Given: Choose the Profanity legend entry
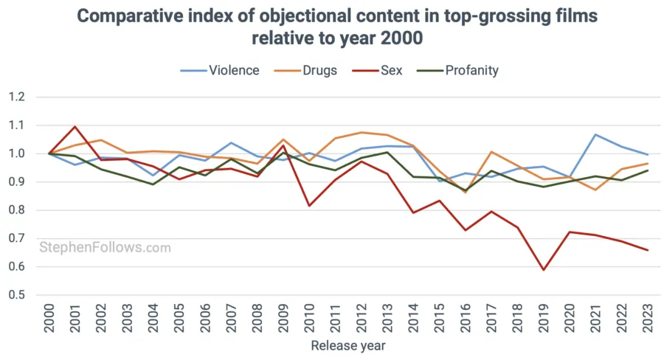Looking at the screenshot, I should [x=460, y=71].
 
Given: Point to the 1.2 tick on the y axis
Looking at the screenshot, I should [x=17, y=97].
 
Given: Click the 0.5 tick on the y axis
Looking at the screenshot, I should [x=17, y=295].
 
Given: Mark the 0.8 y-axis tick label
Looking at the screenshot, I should [x=17, y=210].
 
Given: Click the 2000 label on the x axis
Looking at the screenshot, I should [x=49, y=319].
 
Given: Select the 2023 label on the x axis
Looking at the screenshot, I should [x=647, y=319].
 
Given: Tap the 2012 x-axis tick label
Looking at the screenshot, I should [x=362, y=319].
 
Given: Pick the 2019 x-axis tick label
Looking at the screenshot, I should [x=543, y=319].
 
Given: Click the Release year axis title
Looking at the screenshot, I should [x=347, y=345].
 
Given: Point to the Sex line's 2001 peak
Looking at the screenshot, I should [x=75, y=127].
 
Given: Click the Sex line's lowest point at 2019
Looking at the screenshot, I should [x=543, y=270].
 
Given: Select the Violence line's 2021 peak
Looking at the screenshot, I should [x=595, y=135].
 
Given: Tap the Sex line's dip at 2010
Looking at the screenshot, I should [x=309, y=205].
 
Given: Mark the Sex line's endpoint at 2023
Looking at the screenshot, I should [x=647, y=250].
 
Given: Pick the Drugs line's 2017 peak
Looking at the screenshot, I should [x=491, y=152].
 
